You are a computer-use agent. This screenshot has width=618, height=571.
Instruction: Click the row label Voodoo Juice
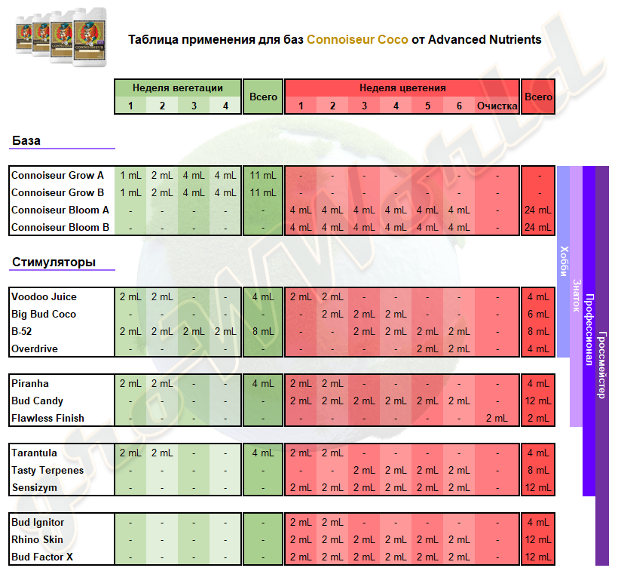pos(44,296)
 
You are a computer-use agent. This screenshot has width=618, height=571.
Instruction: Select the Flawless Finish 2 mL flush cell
pos(497,418)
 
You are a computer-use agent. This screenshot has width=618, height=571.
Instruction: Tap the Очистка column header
pos(497,106)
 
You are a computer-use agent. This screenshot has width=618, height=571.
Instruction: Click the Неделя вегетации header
pos(178,87)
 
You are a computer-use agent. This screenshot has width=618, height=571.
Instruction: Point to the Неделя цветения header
pos(402,87)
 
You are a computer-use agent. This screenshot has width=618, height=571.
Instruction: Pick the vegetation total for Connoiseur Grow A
pos(263,175)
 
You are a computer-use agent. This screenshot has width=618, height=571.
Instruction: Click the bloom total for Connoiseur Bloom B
pos(538,227)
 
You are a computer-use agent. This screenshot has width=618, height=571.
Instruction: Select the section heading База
pos(26,140)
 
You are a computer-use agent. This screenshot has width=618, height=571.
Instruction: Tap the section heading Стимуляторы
pos(54,262)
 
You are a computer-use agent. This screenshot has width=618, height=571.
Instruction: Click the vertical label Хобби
pos(564,261)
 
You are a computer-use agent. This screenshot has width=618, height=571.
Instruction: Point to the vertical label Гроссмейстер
pos(602,365)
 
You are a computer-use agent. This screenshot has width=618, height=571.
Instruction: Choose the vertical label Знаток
pos(577,296)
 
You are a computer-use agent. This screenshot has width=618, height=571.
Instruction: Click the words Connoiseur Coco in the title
pos(357,39)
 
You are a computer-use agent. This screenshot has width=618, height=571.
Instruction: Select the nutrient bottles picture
pos(61,37)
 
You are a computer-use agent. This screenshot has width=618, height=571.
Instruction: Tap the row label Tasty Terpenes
pos(47,470)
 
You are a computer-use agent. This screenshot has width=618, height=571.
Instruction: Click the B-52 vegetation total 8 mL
pos(263,331)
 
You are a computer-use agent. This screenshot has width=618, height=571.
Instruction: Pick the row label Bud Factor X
pos(42,557)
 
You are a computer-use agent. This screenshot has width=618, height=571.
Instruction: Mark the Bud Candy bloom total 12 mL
pos(538,401)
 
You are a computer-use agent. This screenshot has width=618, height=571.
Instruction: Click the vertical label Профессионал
pos(589,330)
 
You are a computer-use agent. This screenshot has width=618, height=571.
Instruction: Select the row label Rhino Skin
pos(37,539)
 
